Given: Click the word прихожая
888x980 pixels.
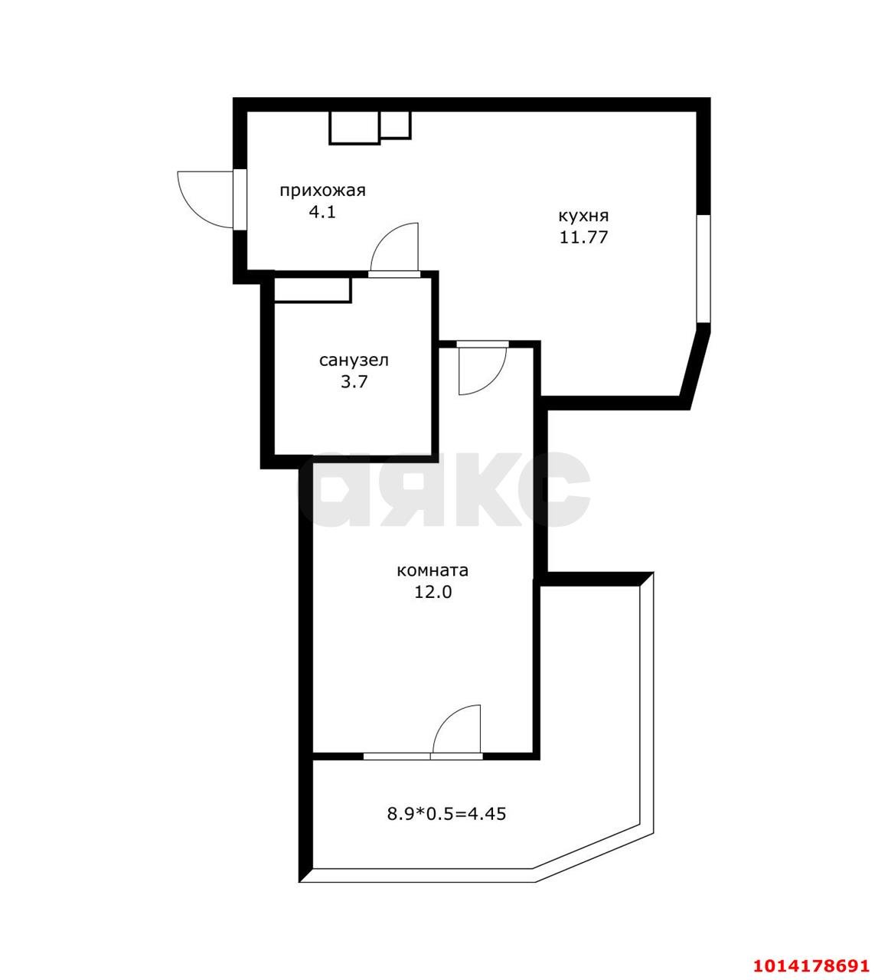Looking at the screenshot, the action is click(x=322, y=191).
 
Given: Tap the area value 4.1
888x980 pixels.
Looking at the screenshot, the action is click(x=322, y=213).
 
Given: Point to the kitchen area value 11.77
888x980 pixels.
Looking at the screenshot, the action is click(x=583, y=237).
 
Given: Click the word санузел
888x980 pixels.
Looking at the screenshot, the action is click(x=354, y=361).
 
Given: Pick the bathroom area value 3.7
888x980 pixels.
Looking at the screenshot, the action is click(x=354, y=382).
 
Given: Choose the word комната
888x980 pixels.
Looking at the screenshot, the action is click(x=433, y=570).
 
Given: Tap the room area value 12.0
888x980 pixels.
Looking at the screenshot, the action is click(x=433, y=592).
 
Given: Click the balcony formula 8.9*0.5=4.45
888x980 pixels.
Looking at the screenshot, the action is click(x=446, y=814).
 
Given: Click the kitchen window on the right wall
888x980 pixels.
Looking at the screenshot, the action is click(x=704, y=268).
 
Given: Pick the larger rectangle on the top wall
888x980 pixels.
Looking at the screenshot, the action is click(x=354, y=128).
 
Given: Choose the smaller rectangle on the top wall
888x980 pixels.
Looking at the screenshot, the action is click(x=395, y=125).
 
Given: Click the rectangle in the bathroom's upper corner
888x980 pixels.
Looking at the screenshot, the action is click(x=312, y=291).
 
